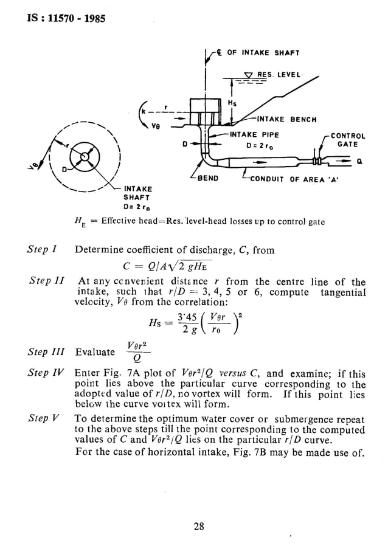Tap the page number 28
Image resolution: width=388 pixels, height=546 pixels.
[198, 527]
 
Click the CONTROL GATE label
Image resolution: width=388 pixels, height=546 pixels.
[348, 140]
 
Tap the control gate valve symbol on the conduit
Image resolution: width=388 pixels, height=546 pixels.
[316, 162]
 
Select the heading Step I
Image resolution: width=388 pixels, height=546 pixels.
[42, 249]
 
